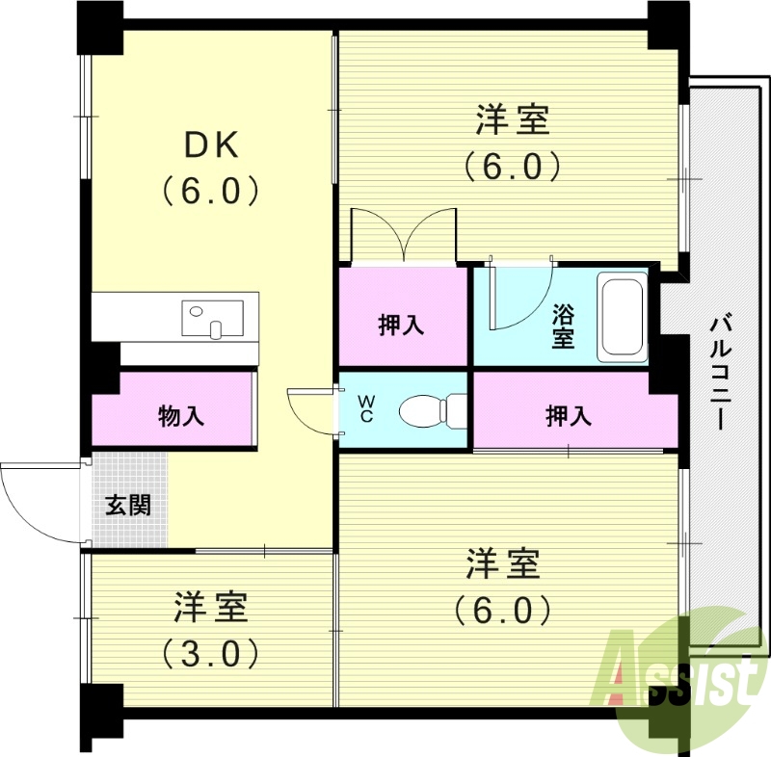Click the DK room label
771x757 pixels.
click(x=211, y=144)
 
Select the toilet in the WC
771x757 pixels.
click(x=425, y=410)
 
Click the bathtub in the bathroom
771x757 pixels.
click(x=622, y=318)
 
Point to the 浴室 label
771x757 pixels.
click(x=564, y=326)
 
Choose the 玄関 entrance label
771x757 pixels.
click(x=128, y=505)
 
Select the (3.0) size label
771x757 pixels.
click(x=210, y=655)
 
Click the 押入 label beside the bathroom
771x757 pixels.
click(x=401, y=326)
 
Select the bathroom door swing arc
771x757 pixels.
click(x=520, y=299)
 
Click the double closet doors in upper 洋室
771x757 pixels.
click(x=403, y=234)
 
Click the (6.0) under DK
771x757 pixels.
click(x=211, y=191)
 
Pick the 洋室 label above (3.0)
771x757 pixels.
click(x=211, y=609)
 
